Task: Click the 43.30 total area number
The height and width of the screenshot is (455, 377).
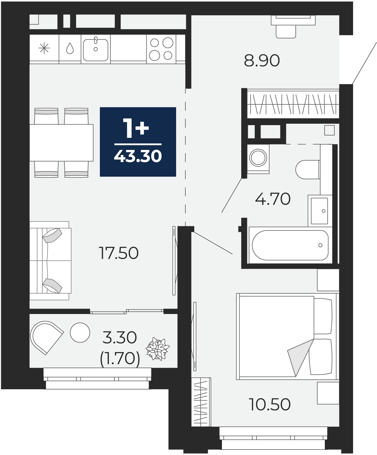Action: (x=138, y=156)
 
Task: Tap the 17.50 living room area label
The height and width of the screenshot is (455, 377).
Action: (x=119, y=253)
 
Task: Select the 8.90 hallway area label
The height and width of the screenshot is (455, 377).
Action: (x=262, y=61)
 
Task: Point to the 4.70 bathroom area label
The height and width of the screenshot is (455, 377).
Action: (x=273, y=199)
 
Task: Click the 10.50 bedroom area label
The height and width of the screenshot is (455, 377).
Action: (x=269, y=405)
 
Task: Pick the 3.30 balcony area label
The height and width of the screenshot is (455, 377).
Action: (x=120, y=338)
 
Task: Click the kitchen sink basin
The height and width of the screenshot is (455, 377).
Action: (x=96, y=50)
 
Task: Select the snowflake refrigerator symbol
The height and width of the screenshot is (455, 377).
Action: (x=44, y=48)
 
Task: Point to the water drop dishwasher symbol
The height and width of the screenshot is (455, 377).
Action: (x=70, y=48)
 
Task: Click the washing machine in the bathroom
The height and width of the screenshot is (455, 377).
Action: (x=258, y=159)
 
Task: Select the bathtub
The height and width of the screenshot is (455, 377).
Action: (x=290, y=245)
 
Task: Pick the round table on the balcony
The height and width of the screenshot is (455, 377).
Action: (x=80, y=332)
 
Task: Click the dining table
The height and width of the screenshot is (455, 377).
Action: (x=61, y=143)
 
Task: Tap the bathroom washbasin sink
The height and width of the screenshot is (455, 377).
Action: (x=320, y=211)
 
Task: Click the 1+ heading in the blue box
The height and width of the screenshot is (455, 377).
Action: (x=136, y=128)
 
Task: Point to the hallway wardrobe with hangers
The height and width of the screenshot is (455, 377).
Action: (x=293, y=104)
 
